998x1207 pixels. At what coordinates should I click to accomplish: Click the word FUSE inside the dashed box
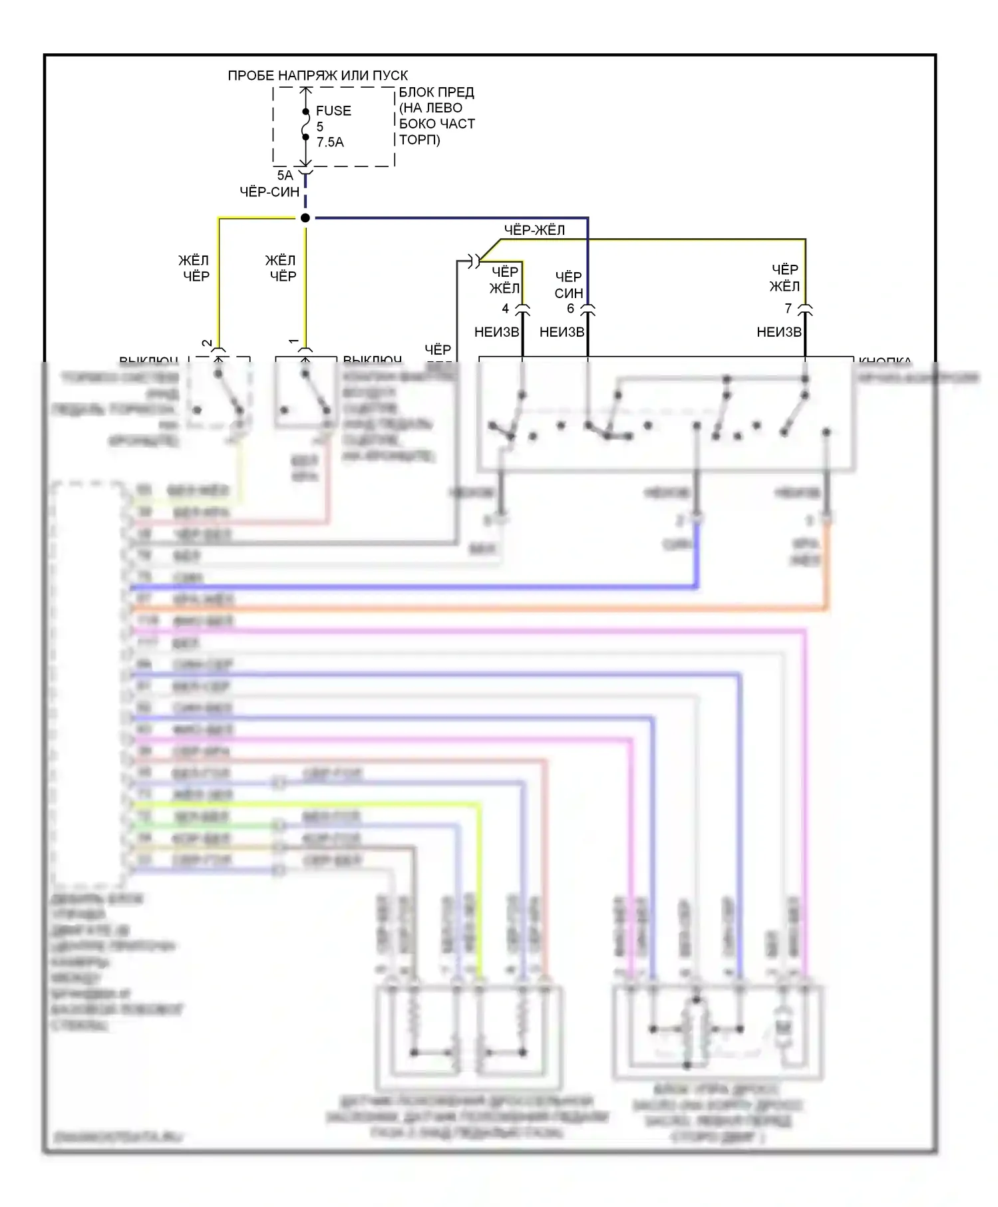(333, 111)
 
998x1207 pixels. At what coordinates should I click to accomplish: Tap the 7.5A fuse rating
(330, 142)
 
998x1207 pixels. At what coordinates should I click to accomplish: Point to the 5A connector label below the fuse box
(285, 176)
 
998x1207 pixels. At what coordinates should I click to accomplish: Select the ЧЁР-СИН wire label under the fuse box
(269, 192)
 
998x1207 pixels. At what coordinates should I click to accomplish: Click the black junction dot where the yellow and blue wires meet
(305, 218)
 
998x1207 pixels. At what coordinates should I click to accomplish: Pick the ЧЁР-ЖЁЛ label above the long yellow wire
(534, 230)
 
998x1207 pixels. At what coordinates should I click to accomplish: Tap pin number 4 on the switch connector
(506, 309)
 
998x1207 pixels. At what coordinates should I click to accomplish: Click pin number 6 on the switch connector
(570, 309)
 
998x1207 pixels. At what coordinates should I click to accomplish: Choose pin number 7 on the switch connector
(788, 309)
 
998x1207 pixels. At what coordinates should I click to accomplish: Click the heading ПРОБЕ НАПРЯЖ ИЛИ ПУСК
(317, 76)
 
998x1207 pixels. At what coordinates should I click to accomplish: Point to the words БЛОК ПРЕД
(436, 92)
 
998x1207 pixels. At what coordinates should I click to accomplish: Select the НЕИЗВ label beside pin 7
(779, 332)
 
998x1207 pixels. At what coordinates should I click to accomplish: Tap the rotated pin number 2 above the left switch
(208, 343)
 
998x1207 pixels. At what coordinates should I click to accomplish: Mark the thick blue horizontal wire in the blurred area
(413, 588)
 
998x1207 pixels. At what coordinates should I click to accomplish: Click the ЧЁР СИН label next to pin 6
(569, 285)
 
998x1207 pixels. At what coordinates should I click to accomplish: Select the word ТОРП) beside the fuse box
(420, 140)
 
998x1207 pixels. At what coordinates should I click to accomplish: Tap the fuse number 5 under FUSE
(320, 126)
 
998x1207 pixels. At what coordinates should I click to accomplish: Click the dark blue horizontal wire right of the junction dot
(452, 218)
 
